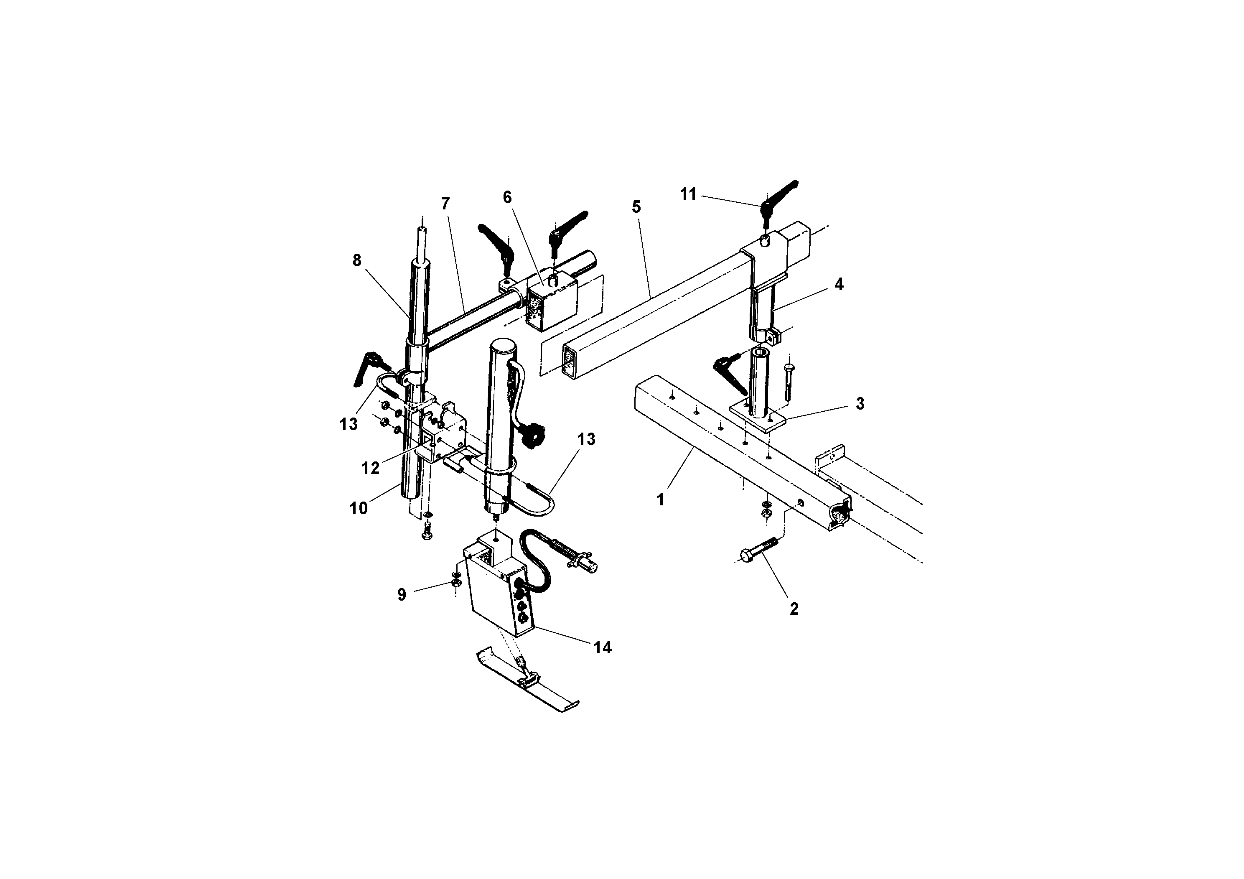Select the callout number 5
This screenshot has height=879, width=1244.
tap(636, 206)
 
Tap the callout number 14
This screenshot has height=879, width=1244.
tap(603, 647)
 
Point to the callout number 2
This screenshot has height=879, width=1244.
tap(794, 609)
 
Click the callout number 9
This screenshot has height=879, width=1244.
tap(402, 594)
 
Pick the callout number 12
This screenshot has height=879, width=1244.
tap(371, 468)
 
